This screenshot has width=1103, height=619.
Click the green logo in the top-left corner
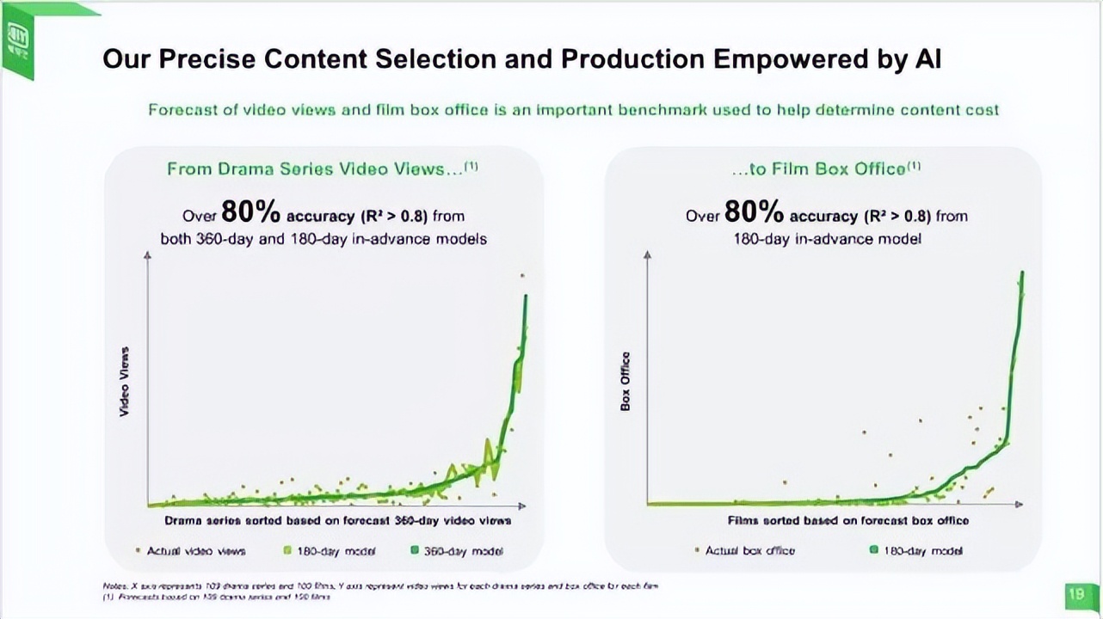[18, 38]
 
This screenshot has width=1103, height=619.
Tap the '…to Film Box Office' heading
[826, 169]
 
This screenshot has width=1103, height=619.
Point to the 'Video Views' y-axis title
[125, 382]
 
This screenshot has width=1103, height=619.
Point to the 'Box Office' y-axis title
[625, 381]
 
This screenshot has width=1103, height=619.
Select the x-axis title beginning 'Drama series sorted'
[337, 521]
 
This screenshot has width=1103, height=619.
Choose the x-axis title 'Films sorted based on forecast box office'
[847, 520]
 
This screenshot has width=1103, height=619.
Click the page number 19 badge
[1075, 593]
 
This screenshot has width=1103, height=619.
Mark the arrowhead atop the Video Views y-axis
[148, 255]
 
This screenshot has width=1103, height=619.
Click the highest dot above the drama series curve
[521, 276]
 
